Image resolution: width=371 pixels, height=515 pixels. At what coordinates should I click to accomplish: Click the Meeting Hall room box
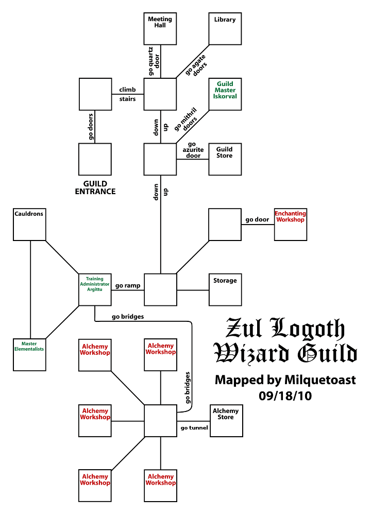click(160, 29)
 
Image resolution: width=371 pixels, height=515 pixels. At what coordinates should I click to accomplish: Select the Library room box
click(225, 29)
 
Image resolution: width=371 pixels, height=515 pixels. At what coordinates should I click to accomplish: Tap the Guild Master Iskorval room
click(225, 94)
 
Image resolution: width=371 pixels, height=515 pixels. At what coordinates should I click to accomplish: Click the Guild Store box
click(225, 159)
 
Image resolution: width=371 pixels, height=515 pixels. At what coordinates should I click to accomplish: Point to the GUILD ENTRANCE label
click(95, 187)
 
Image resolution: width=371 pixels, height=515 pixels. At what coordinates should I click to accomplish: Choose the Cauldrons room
click(29, 224)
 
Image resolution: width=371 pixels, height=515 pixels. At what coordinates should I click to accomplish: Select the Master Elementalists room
click(29, 354)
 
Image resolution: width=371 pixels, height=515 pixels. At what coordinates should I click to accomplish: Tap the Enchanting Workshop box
click(290, 224)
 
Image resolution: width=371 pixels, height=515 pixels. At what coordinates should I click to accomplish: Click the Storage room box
click(225, 289)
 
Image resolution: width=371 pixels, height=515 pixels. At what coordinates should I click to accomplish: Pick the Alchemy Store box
click(226, 420)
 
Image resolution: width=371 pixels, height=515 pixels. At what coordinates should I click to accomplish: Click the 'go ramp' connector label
click(127, 285)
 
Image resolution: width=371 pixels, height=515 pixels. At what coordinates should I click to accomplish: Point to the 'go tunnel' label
click(194, 427)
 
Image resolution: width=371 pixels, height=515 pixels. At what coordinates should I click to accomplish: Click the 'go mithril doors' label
click(186, 120)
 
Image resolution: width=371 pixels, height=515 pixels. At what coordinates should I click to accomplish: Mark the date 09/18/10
click(285, 397)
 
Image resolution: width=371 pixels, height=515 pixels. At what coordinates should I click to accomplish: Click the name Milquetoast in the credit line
click(319, 380)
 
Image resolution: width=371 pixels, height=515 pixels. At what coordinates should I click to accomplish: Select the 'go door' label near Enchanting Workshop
click(257, 219)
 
